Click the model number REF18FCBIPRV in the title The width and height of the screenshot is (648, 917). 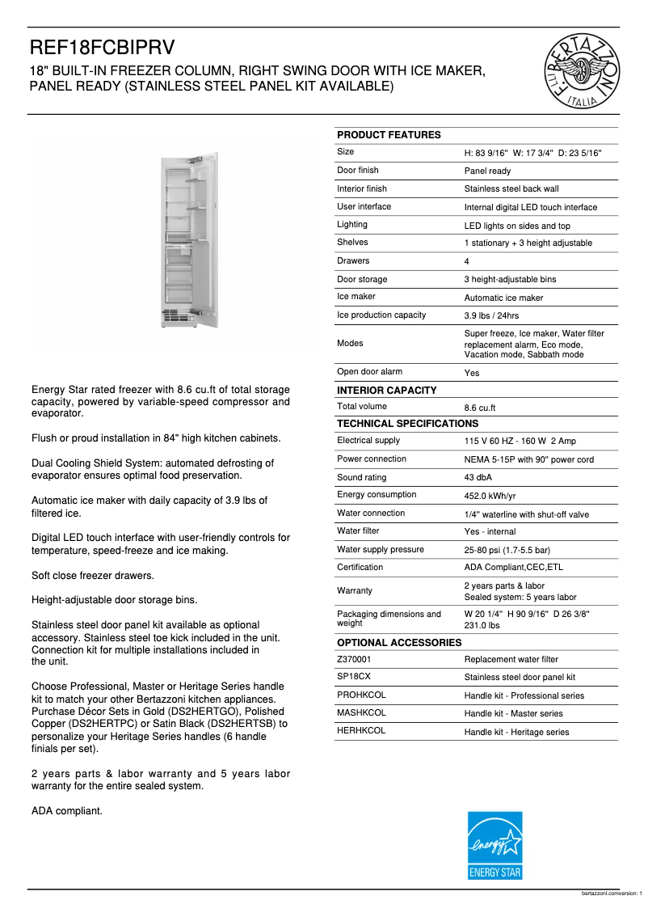pos(103,47)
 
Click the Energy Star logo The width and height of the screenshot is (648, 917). pos(495,845)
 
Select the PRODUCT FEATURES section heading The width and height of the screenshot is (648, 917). pos(389,135)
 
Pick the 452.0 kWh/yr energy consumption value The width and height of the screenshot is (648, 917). pos(490,496)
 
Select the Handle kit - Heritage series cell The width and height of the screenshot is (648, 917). pos(516,732)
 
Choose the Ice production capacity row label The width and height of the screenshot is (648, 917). pos(381,315)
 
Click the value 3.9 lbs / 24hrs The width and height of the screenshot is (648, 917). pos(491,316)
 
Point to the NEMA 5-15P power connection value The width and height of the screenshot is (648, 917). pos(528,459)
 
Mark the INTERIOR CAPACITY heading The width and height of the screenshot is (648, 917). pos(386,391)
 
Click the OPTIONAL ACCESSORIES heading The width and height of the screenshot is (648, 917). pos(399,643)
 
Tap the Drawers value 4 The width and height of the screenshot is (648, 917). pos(467,262)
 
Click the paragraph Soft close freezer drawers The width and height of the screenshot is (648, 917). pos(93,576)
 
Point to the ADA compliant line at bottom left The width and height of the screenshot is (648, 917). pos(67,810)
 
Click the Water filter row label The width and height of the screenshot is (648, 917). pos(358,531)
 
